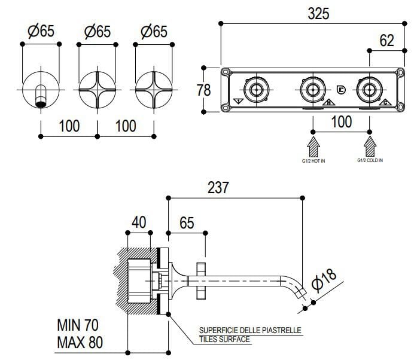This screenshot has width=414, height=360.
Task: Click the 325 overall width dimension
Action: click(x=318, y=14)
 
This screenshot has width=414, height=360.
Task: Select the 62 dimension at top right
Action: click(x=387, y=41)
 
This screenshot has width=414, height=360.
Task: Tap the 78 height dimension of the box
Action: click(x=204, y=90)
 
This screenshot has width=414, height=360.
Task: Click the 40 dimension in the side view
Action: click(x=139, y=222)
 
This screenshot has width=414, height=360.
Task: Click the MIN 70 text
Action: click(x=78, y=325)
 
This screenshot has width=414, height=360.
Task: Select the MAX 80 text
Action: click(x=79, y=343)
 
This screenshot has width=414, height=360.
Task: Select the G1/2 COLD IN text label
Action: click(x=371, y=160)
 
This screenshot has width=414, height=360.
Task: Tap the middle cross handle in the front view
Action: click(x=98, y=90)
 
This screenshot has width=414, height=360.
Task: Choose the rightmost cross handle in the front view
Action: click(x=154, y=90)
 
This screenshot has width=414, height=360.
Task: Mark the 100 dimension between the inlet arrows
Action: click(x=342, y=122)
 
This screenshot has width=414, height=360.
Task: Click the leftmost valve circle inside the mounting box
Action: click(x=256, y=90)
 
